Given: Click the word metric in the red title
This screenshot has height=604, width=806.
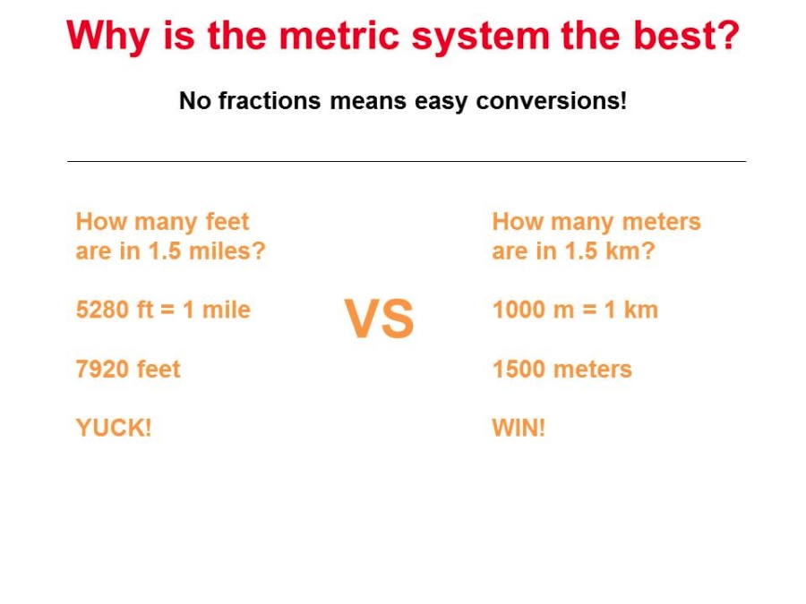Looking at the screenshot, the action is [339, 35].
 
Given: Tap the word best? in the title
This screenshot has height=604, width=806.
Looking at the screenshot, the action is [686, 35].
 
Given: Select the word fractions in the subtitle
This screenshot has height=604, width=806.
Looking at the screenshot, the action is [270, 100].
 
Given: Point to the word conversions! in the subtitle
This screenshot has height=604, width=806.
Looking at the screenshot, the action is [551, 100].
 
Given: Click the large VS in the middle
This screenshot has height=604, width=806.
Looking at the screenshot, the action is [380, 319].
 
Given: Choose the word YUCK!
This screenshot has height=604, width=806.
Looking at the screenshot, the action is [114, 428].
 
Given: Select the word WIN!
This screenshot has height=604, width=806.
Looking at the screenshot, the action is [519, 428].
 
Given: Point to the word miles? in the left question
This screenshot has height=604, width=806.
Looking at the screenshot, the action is [227, 251].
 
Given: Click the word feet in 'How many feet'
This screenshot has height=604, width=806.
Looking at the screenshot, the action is [227, 222].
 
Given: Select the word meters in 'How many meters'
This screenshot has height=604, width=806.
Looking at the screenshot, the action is [661, 222].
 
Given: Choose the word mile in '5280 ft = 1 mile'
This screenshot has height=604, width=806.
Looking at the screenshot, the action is [227, 310].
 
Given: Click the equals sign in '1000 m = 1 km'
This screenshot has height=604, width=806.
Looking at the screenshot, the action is [589, 310].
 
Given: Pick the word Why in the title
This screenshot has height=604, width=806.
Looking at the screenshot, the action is [108, 36].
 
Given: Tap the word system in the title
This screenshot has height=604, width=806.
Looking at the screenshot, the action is [481, 36].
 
